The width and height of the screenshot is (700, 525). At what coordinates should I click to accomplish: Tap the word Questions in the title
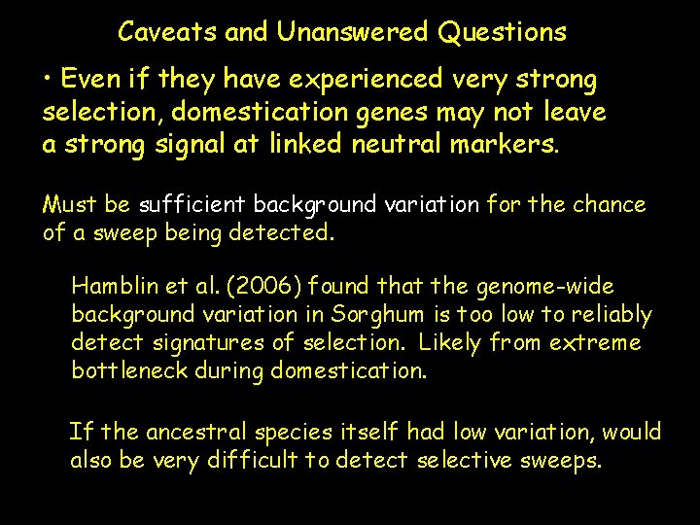click(502, 32)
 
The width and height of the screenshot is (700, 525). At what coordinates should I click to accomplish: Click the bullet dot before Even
click(48, 79)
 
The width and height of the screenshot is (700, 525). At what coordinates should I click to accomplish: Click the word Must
click(66, 205)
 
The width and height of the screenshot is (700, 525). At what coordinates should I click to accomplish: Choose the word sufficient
click(192, 205)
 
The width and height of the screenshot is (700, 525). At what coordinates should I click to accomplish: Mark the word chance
click(609, 205)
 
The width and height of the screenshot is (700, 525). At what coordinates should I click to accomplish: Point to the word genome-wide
click(544, 287)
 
